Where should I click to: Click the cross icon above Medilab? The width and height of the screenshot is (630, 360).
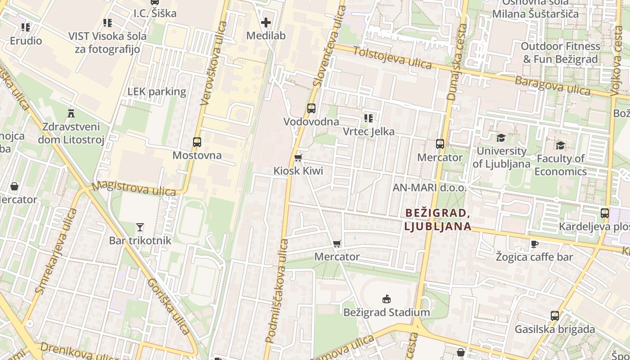[x=266, y=22]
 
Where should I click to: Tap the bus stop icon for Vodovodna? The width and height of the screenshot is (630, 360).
[x=311, y=108]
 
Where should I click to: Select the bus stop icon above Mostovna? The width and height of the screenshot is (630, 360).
[x=197, y=142]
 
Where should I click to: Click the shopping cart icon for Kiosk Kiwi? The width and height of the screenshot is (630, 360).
[x=298, y=157]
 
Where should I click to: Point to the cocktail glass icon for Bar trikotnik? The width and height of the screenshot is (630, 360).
[x=140, y=227]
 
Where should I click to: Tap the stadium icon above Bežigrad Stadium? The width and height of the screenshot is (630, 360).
[x=386, y=299]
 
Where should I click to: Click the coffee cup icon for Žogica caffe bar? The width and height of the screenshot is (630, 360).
[x=534, y=244]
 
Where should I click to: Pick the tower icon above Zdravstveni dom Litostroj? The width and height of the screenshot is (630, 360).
[x=71, y=113]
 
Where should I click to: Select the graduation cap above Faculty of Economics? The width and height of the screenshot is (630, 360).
[x=560, y=145]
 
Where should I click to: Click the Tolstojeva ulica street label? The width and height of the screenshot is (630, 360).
[x=392, y=58]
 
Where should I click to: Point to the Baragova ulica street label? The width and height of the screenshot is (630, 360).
[x=552, y=85]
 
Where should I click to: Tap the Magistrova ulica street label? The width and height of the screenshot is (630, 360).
[x=134, y=189]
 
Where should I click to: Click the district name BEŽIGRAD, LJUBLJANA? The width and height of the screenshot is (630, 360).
[x=437, y=219]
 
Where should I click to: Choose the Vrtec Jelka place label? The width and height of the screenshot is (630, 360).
[x=369, y=132]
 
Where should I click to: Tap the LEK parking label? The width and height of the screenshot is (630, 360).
[x=157, y=92]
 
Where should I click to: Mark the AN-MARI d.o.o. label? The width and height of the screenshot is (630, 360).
[x=430, y=188]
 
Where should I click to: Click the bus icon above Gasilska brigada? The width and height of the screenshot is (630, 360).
[x=555, y=316]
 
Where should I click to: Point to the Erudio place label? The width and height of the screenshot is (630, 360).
[x=26, y=41]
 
